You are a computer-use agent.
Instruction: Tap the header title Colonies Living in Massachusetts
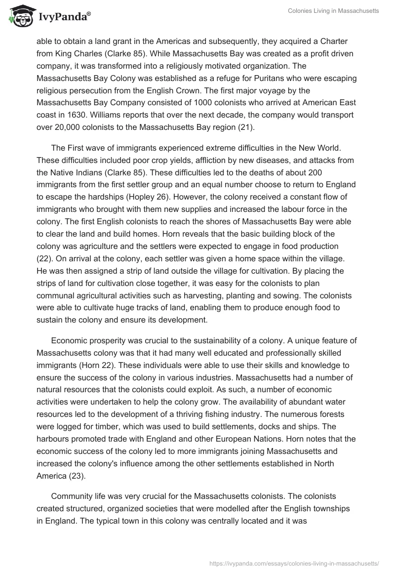pyautogui.click(x=334, y=11)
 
